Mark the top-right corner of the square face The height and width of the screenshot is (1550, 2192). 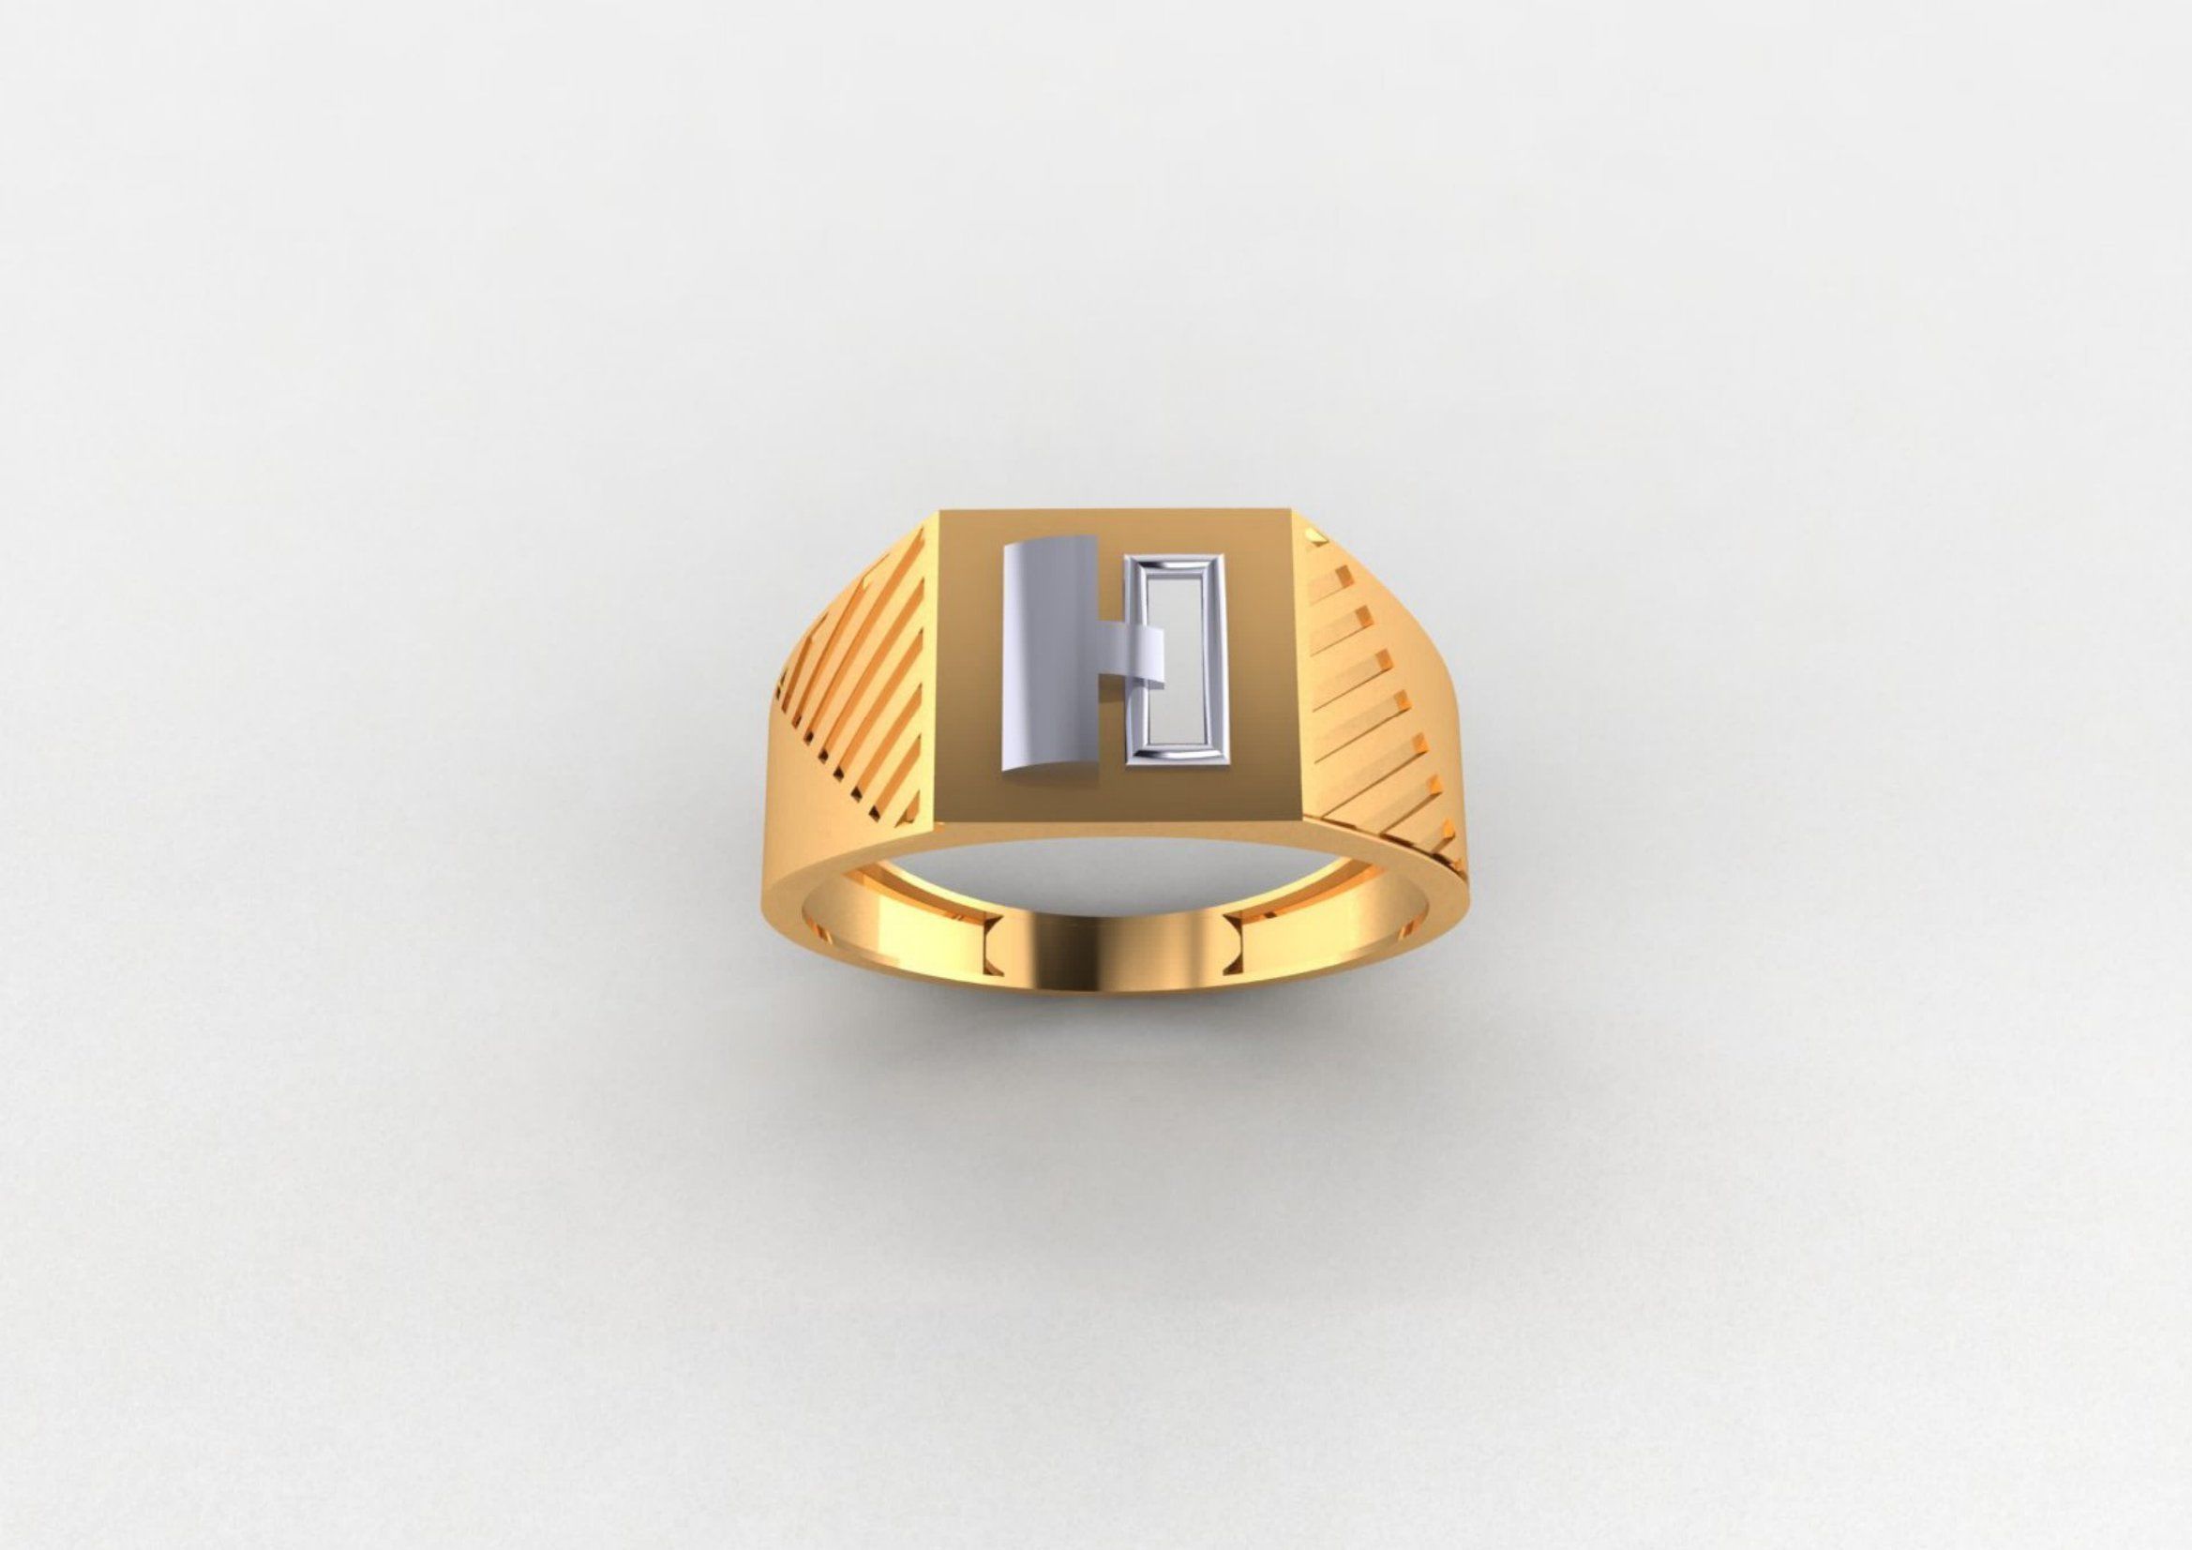pos(1291,512)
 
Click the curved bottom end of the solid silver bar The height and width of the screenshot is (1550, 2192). pos(1046,764)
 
